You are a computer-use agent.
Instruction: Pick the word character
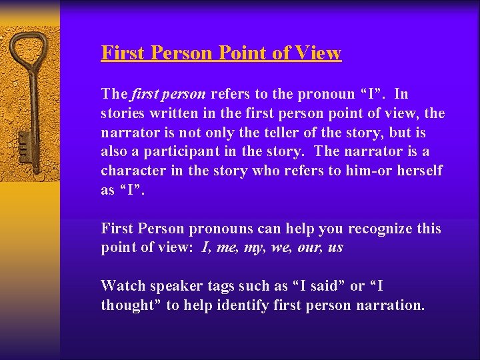133,171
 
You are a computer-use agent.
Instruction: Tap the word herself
419,171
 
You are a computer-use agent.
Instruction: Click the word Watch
121,287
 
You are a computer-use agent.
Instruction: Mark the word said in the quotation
325,287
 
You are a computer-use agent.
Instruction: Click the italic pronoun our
313,248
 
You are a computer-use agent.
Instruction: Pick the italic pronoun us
336,248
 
